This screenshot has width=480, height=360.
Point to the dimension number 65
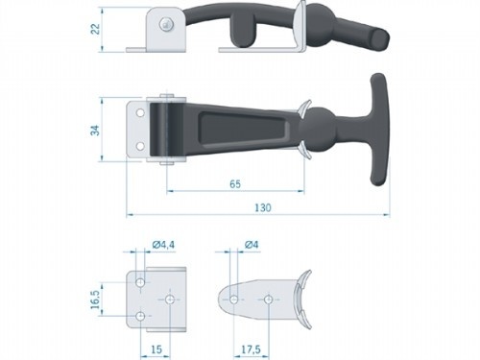235,180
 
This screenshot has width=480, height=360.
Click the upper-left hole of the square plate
141,284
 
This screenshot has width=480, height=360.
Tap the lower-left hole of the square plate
141,315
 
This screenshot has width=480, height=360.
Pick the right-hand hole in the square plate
169,300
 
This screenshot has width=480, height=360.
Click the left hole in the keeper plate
232,300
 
